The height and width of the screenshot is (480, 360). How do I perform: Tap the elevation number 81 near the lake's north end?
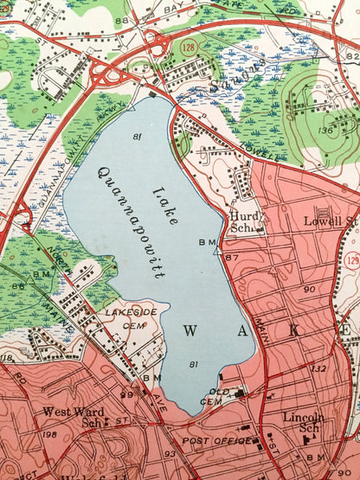click(138, 137)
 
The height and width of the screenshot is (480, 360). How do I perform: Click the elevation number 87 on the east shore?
click(231, 258)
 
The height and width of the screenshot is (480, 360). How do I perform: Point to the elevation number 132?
click(317, 369)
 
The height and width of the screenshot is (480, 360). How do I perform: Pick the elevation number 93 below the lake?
click(170, 453)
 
